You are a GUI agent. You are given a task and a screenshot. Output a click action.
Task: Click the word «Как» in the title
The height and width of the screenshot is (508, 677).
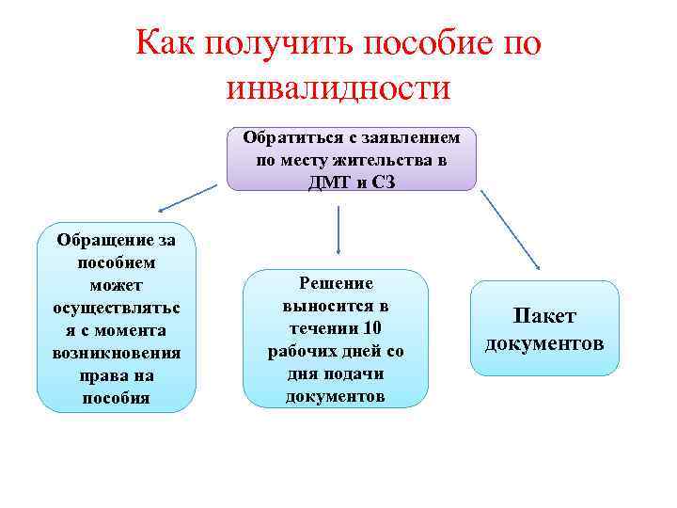[163, 44]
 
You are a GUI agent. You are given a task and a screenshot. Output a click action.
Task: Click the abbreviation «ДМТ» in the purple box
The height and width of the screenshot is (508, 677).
[324, 182]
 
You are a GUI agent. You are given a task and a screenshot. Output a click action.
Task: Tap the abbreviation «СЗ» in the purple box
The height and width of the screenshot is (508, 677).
[382, 182]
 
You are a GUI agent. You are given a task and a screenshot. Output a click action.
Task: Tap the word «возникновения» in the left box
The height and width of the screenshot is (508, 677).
[117, 352]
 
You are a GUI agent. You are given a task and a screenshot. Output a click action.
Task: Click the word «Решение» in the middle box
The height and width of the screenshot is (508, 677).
[336, 283]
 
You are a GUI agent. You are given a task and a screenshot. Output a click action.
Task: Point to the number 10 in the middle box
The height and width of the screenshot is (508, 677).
[371, 328]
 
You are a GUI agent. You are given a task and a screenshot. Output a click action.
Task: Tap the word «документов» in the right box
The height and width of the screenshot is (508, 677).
[544, 342]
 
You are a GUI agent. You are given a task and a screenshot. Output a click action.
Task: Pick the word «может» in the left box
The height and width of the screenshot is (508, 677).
[117, 284]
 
